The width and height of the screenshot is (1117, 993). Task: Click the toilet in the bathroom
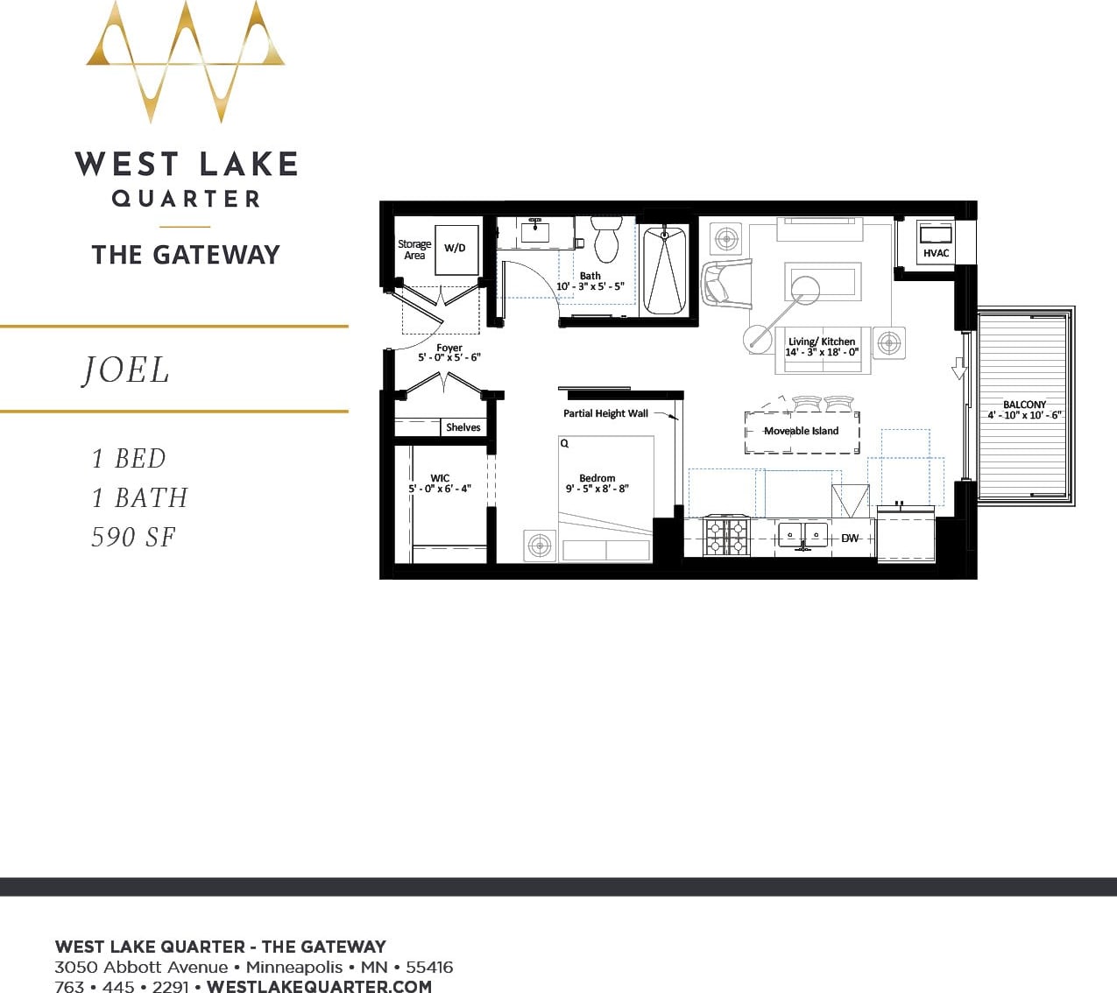coord(606,239)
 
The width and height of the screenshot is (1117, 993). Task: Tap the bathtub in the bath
coord(665,270)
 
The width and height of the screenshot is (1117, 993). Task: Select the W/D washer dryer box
coord(456,249)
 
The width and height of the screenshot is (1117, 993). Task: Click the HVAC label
coord(936,253)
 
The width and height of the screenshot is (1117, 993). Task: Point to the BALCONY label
coord(1024,405)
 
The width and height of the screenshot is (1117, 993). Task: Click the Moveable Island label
coord(801,431)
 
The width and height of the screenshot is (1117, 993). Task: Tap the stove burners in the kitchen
coord(727,536)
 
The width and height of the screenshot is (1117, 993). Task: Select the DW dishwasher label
coord(850,538)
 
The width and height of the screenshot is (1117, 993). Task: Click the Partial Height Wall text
coord(605,413)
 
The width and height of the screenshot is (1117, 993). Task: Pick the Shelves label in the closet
coord(463,427)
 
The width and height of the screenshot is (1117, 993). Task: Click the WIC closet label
coord(440,478)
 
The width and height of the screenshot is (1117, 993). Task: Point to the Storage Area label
coord(414,250)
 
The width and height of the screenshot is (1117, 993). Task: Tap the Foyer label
coord(449,348)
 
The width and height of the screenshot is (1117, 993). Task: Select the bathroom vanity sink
coord(534,231)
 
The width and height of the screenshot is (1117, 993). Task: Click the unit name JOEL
coord(126,370)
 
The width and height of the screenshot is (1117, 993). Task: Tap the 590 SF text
coord(133,537)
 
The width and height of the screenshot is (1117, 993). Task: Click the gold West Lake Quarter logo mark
coord(186,61)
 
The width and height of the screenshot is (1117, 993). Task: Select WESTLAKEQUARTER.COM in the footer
coord(319,986)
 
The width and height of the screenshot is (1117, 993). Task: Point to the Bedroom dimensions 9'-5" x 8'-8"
coord(597,489)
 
